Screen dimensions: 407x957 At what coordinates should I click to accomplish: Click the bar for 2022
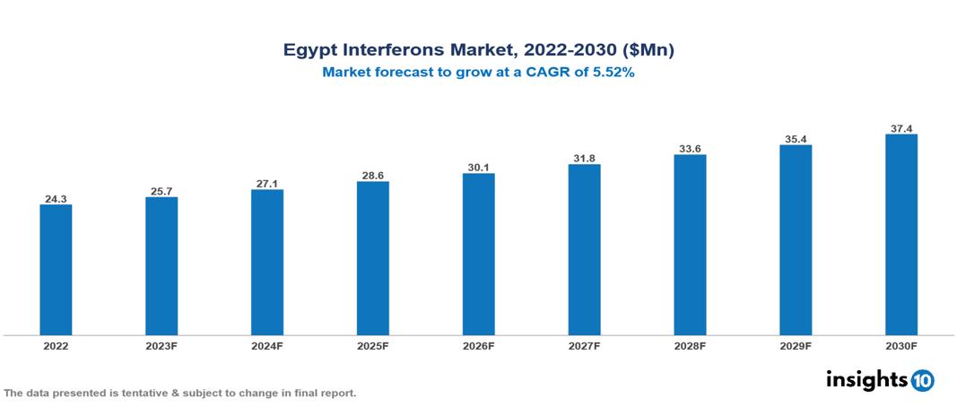(x=56, y=270)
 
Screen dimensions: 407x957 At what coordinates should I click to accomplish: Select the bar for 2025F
(x=372, y=258)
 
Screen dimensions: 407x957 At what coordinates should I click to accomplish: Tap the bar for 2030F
(x=900, y=235)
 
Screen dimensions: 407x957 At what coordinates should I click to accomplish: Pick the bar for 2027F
(x=584, y=250)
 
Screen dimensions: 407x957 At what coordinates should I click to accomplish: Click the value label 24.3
(x=56, y=198)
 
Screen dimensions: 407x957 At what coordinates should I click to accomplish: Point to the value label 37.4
(x=900, y=128)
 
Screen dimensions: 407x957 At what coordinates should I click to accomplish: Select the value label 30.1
(x=478, y=167)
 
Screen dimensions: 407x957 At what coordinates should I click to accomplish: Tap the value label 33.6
(x=690, y=148)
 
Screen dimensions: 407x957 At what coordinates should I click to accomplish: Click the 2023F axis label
(x=161, y=346)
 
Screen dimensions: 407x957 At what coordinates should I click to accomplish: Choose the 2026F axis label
(x=478, y=346)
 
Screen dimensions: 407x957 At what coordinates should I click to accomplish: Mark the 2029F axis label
(x=795, y=346)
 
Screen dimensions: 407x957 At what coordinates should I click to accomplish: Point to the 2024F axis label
(x=267, y=346)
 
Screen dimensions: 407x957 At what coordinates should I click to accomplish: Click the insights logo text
(x=866, y=379)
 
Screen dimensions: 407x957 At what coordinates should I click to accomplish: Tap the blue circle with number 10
(x=922, y=380)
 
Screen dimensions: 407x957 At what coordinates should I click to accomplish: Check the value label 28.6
(x=372, y=175)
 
